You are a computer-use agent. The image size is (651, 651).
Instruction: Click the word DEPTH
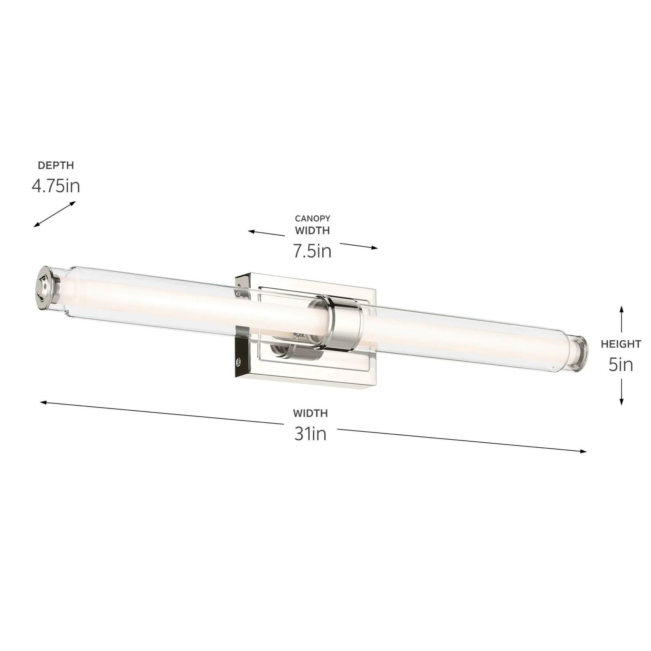point(56,166)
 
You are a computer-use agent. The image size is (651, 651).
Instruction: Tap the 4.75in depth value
point(56,186)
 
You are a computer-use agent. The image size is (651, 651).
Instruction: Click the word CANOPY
point(312,218)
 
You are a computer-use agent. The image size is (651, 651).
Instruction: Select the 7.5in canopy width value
point(312,251)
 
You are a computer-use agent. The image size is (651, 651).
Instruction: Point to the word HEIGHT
point(621,344)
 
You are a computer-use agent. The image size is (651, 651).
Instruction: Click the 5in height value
point(621,365)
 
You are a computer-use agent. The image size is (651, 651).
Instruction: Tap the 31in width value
point(310,434)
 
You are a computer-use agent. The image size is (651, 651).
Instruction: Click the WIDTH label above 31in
point(310,413)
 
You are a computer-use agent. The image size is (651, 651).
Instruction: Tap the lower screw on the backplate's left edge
point(239,361)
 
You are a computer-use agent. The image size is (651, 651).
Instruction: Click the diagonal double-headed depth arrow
point(55,214)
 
